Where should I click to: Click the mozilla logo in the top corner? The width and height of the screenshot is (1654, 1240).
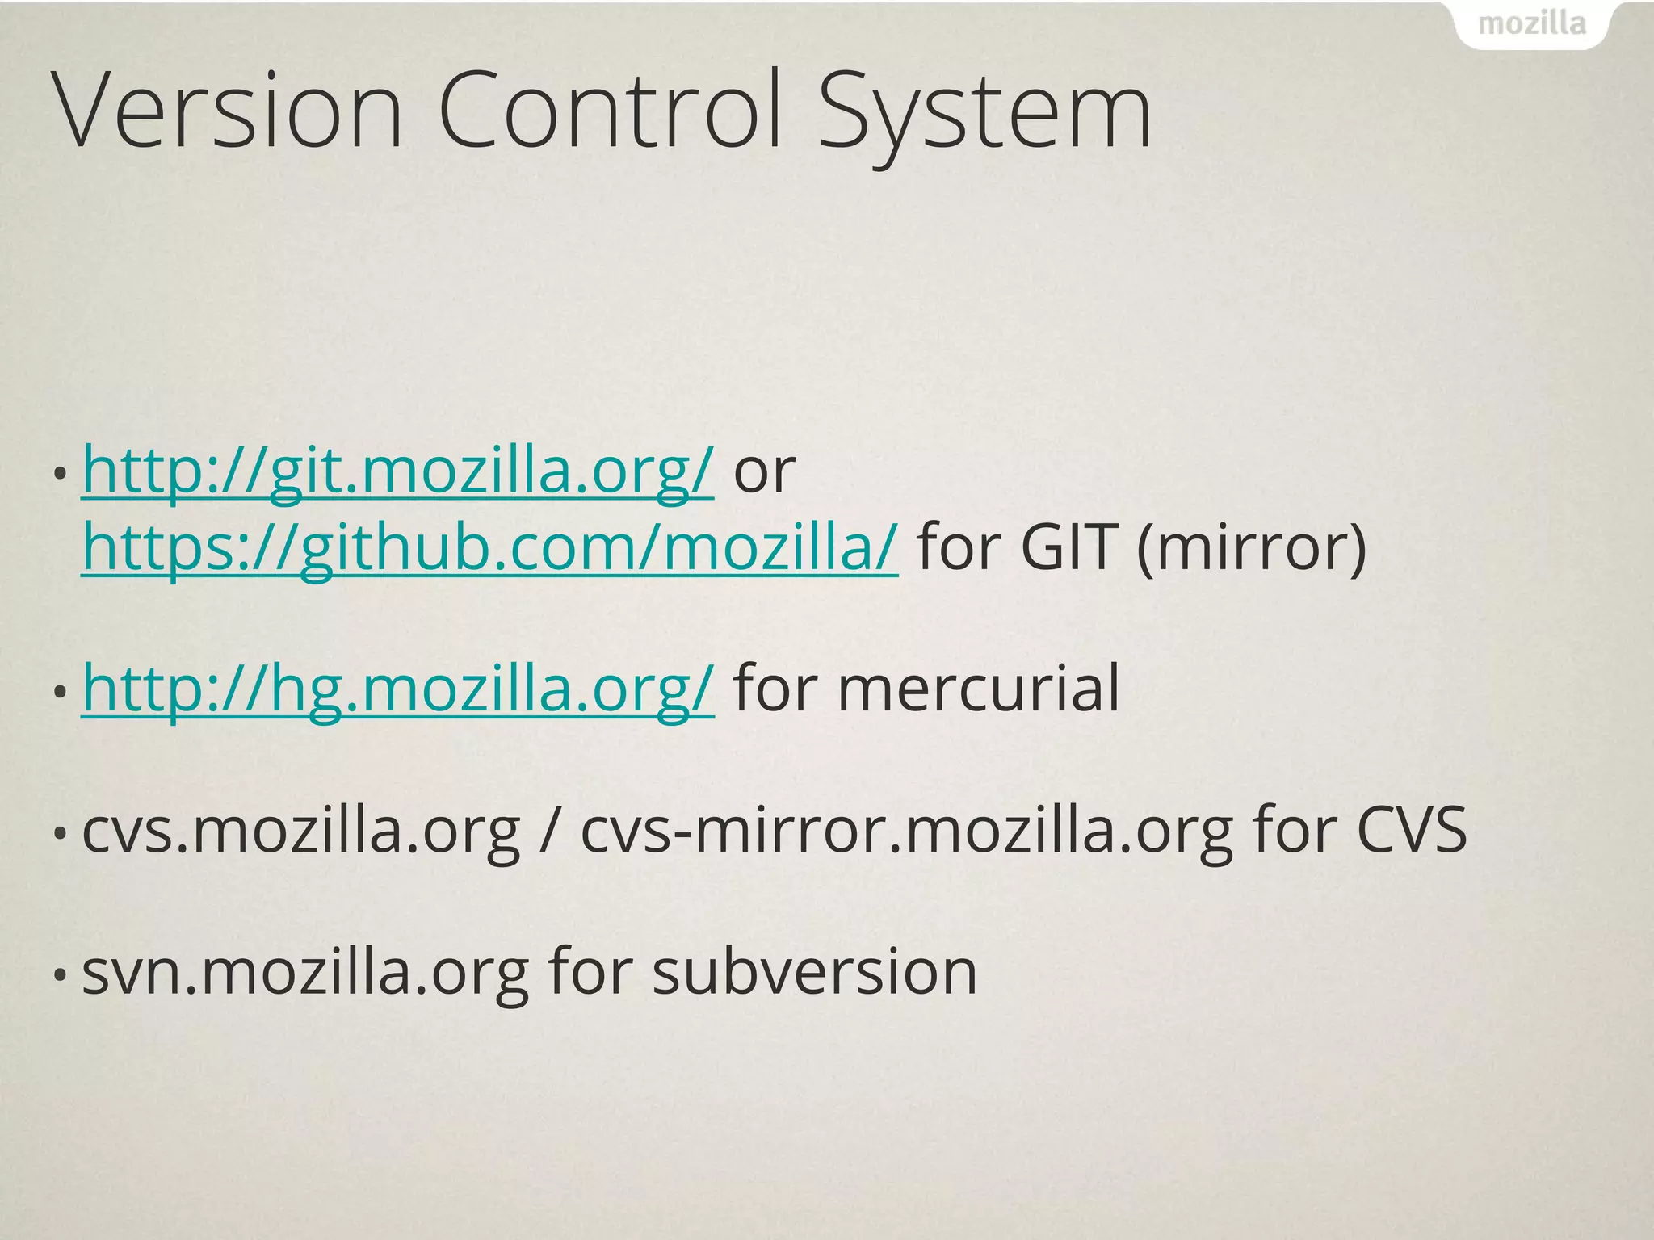(1531, 24)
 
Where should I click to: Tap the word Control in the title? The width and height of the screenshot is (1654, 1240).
(611, 111)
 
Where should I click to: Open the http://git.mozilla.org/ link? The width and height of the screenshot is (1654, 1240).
(397, 471)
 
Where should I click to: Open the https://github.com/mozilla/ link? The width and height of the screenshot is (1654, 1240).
(489, 547)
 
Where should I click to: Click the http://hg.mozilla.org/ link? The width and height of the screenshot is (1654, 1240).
(398, 689)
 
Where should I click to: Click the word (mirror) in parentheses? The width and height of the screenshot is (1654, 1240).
(1251, 547)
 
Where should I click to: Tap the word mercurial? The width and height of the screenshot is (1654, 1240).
(978, 689)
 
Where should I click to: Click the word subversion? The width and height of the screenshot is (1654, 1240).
(815, 971)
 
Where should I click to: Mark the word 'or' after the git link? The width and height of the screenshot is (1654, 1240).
(764, 471)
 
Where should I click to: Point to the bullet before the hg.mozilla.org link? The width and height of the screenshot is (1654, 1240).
(59, 693)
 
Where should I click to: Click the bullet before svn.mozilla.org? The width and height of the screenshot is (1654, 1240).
(59, 975)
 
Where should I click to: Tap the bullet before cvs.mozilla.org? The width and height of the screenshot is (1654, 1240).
(59, 833)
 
